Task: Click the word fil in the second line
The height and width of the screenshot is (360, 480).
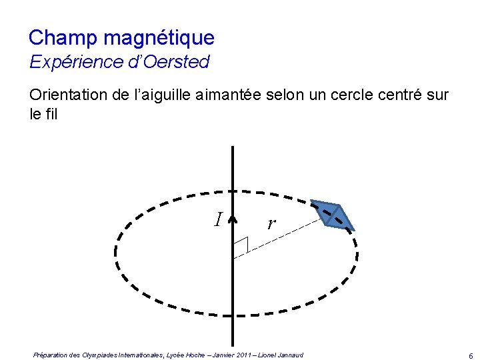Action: pos(51,115)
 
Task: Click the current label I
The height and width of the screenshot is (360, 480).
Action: pos(218,219)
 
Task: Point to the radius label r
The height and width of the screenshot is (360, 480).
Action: pos(270,223)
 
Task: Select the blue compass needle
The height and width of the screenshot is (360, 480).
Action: pos(333,215)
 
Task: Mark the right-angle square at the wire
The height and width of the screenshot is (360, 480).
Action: pos(240,246)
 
